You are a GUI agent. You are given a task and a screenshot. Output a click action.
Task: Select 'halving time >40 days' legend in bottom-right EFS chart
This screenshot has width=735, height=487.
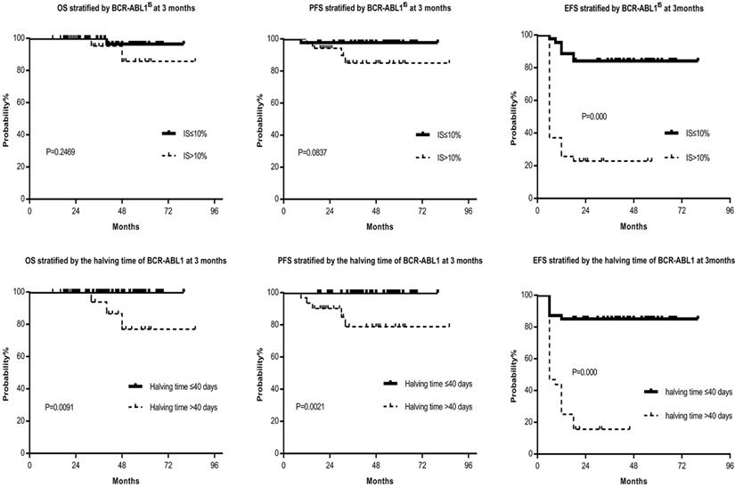coord(696,415)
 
